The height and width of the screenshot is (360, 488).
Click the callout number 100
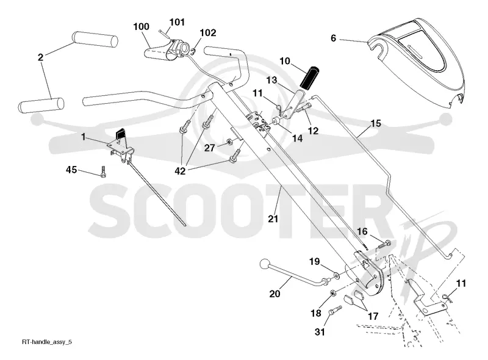click(142, 27)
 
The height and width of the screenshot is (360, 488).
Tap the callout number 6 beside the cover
click(333, 38)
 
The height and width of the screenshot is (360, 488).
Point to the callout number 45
click(71, 170)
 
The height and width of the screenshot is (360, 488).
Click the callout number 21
click(273, 219)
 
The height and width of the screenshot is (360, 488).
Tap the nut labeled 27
click(229, 142)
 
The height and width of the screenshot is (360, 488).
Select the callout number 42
click(180, 171)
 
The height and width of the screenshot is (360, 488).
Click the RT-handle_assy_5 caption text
click(47, 342)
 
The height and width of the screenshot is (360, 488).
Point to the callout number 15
click(376, 124)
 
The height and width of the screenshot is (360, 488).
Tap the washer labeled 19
click(338, 275)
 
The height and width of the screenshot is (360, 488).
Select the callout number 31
click(320, 333)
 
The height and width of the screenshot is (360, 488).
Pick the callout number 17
click(373, 317)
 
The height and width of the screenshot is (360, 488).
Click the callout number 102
click(208, 33)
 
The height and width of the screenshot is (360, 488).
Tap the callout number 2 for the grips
click(40, 57)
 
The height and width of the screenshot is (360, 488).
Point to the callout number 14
click(298, 138)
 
